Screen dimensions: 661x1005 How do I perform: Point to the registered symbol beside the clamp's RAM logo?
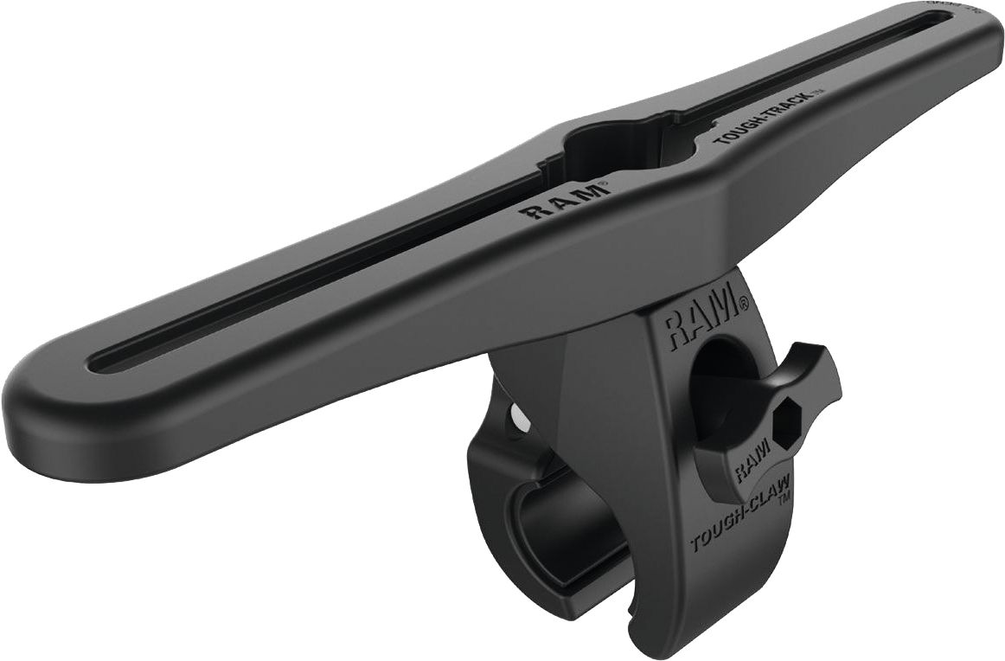click(x=742, y=304)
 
